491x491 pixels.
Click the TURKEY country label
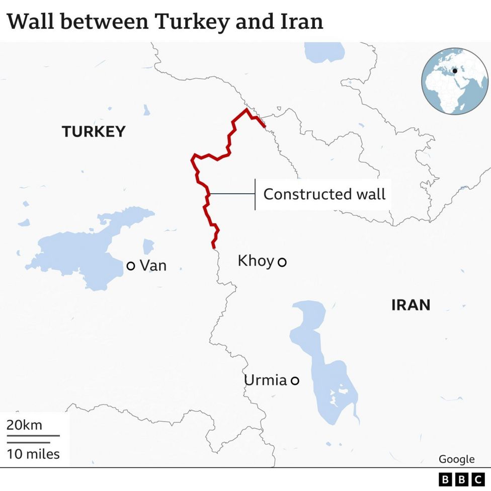[x=94, y=132]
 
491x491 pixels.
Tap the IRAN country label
[x=411, y=305]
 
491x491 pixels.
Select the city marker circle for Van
[x=131, y=266]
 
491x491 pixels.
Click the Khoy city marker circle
[x=282, y=262]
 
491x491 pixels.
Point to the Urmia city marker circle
[x=295, y=381]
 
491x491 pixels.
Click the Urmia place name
[x=265, y=380]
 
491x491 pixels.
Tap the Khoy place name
[x=256, y=261]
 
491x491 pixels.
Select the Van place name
[x=153, y=266]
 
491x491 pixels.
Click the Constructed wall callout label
[x=324, y=194]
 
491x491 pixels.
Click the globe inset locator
[x=455, y=81]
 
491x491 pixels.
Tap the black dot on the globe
[x=455, y=71]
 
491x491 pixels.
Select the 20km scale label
[x=24, y=425]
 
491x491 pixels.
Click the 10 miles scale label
[x=33, y=454]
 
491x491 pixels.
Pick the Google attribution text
[x=456, y=459]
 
